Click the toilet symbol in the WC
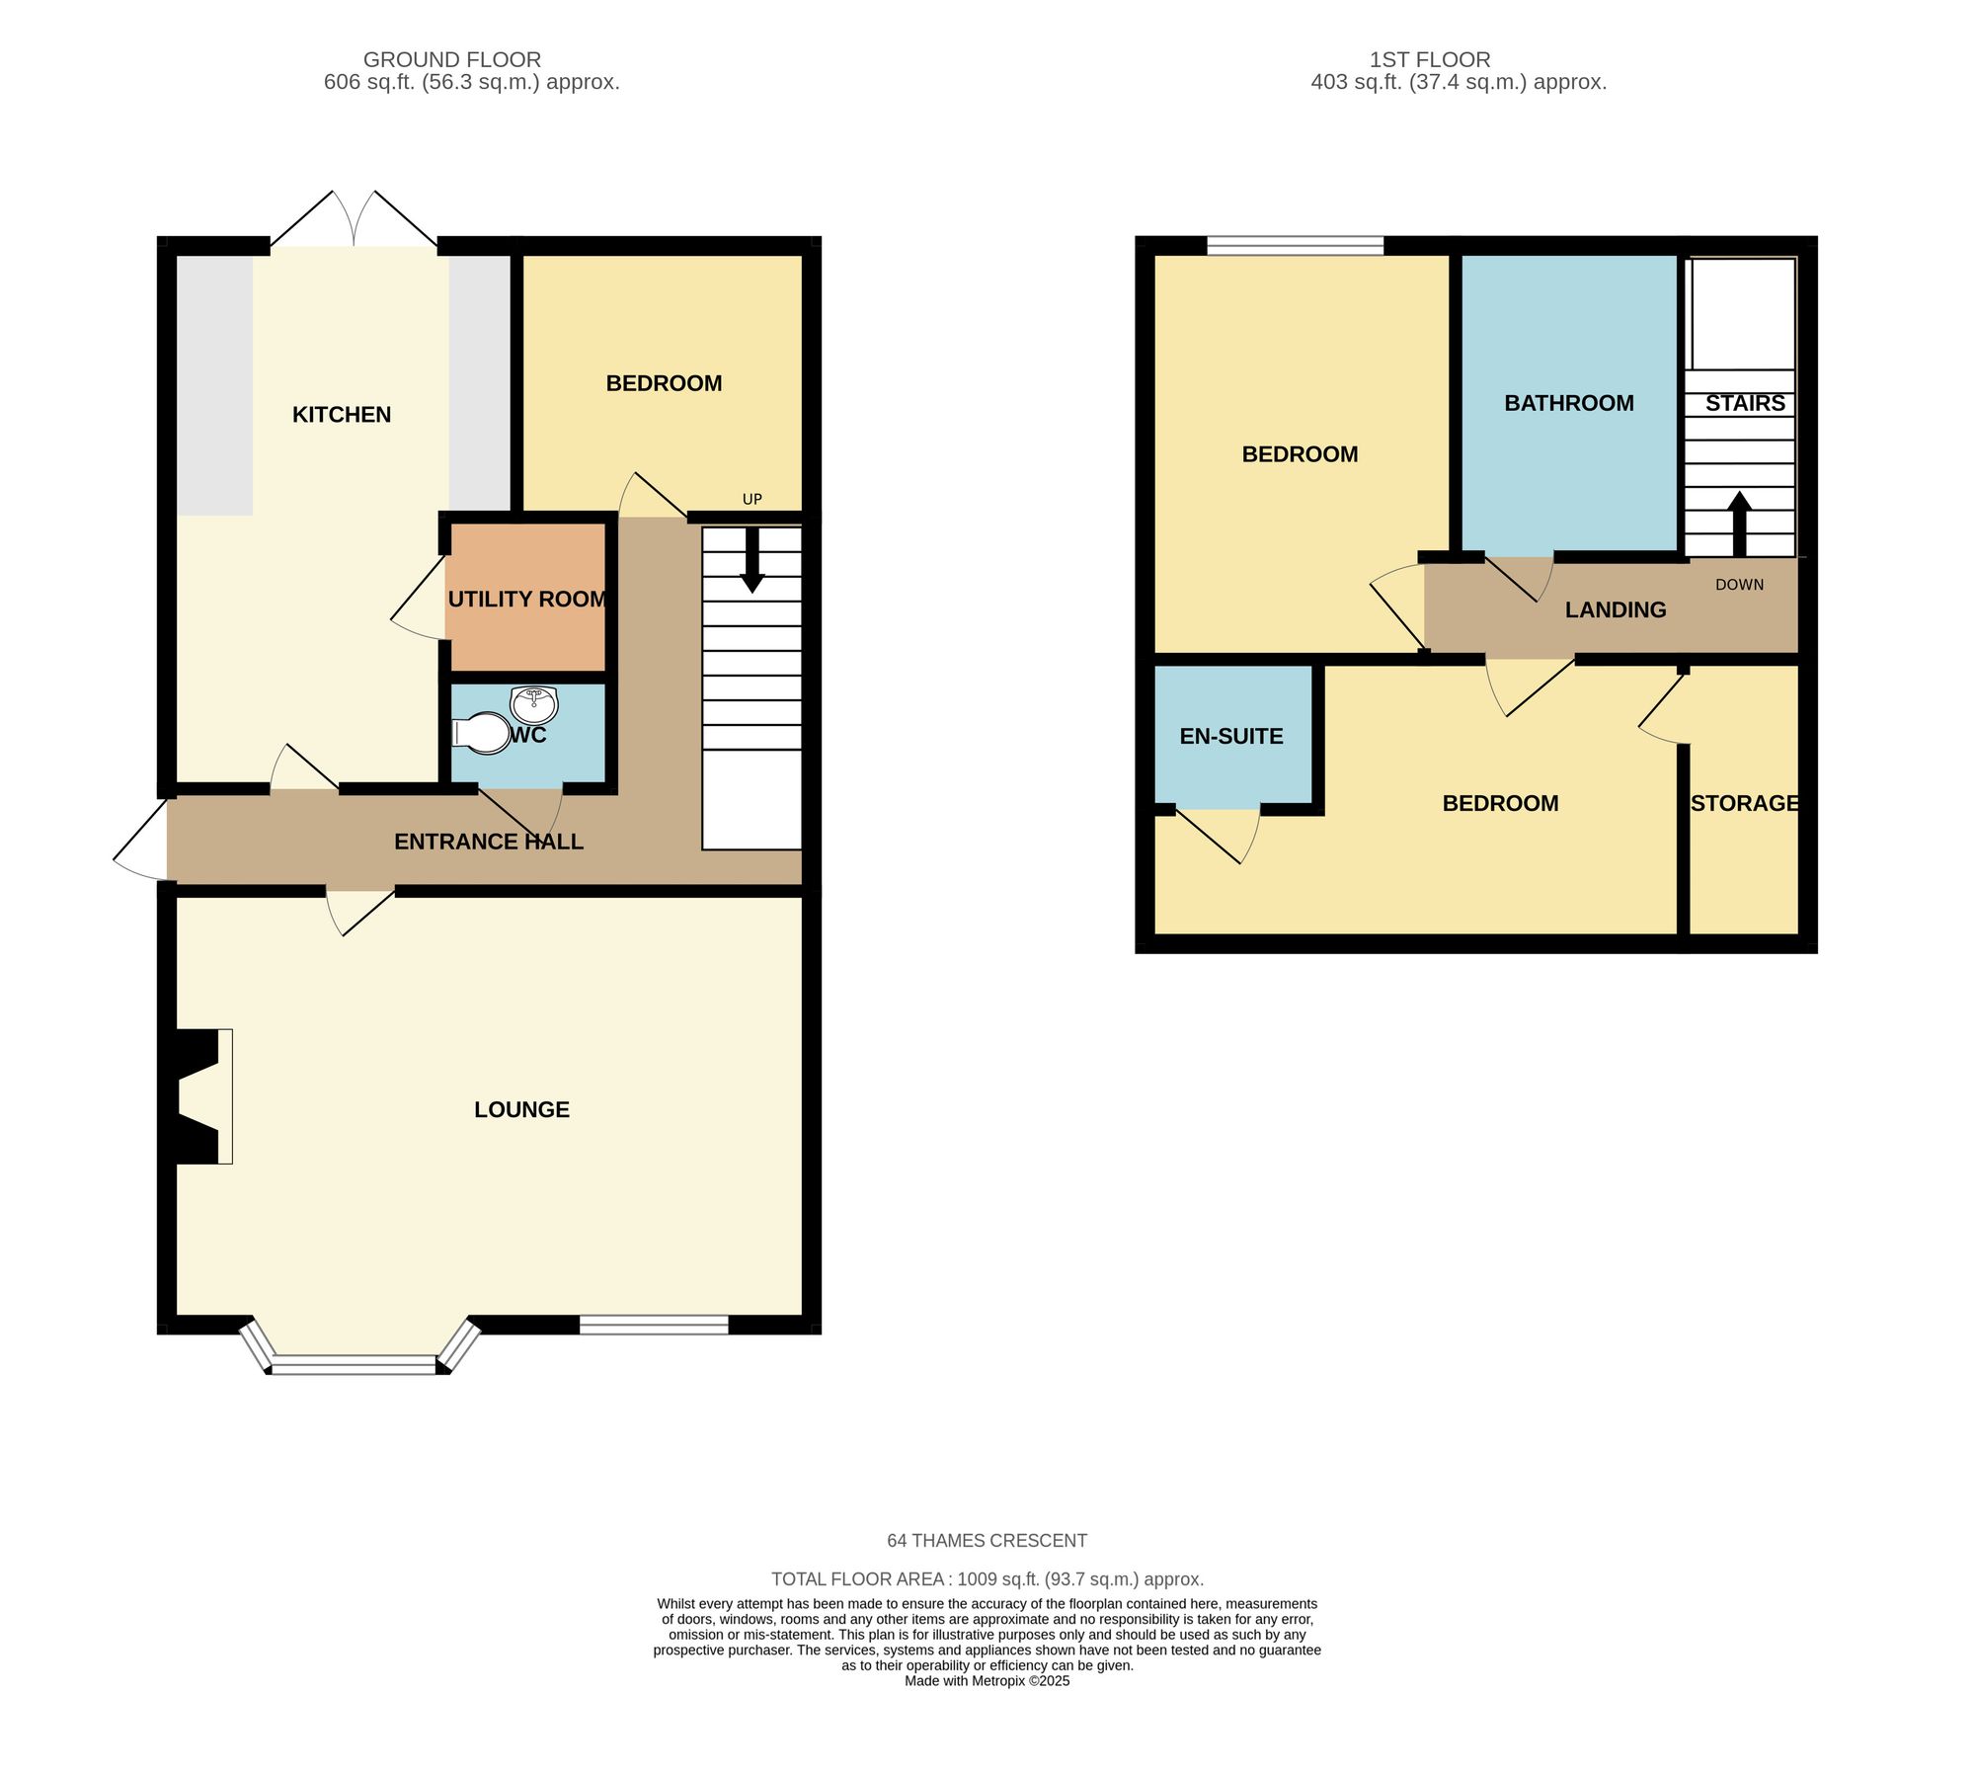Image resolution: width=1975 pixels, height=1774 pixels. tap(481, 734)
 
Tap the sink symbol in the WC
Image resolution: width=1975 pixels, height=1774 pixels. tap(534, 704)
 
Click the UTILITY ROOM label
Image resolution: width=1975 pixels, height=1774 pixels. tap(527, 599)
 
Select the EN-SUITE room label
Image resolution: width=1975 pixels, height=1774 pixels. tap(1231, 736)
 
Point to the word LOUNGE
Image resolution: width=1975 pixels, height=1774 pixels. tap(521, 1109)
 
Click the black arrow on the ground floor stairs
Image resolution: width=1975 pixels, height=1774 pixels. tap(752, 561)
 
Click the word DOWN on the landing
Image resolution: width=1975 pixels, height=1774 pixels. tap(1739, 585)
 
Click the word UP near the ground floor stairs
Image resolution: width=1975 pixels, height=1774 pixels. tap(752, 499)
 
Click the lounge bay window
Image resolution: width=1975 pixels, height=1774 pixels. tap(354, 1365)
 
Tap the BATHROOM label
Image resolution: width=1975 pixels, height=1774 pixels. tap(1568, 403)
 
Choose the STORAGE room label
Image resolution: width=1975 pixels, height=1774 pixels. tap(1744, 803)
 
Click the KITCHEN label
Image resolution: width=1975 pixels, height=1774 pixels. tap(342, 415)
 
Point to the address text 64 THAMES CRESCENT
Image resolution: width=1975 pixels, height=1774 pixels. tap(987, 1540)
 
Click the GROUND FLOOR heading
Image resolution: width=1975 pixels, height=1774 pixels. tap(452, 59)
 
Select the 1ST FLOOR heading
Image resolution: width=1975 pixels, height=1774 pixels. tap(1429, 59)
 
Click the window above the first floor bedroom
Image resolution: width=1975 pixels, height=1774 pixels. tap(1295, 246)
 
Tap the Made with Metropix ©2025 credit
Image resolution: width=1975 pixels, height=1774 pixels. tap(987, 1681)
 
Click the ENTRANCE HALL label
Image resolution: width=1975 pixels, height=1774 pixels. tap(489, 842)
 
